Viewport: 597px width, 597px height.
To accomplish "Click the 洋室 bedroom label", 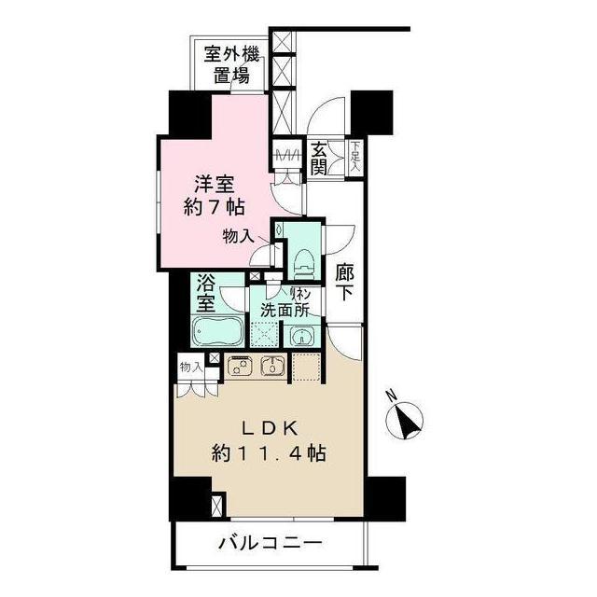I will tap(214, 183).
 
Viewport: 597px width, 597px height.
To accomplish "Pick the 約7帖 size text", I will tap(214, 207).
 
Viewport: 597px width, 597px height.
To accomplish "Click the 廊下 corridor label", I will tap(344, 281).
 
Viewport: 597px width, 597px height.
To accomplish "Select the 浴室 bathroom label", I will tap(206, 292).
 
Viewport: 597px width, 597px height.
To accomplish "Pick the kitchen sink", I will tap(272, 366).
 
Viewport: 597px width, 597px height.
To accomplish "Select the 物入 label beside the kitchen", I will tap(190, 368).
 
